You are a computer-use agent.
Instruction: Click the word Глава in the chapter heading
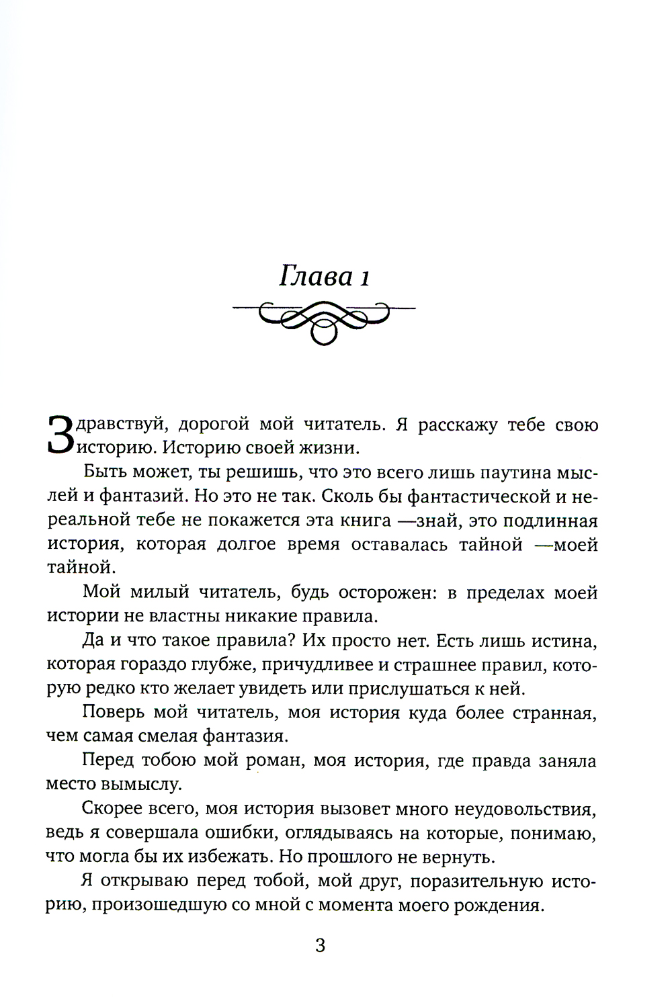pyautogui.click(x=311, y=276)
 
